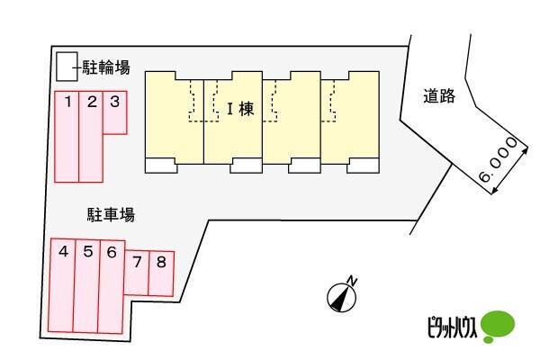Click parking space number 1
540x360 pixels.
coord(67,137)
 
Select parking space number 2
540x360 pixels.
coord(91,137)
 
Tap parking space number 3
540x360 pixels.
coord(115,112)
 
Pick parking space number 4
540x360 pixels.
coord(61,285)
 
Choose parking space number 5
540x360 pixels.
coord(87,286)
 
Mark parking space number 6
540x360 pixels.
coord(112,287)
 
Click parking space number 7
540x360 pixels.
coord(137,273)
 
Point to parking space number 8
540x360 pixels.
coord(161,274)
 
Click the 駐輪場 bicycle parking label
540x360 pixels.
coord(106,67)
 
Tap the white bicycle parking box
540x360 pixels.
coord(67,67)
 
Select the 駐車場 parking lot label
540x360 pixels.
coord(111,214)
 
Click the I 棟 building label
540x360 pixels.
coord(240,109)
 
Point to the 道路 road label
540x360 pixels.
coord(439,95)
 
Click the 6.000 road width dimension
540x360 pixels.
coord(498,159)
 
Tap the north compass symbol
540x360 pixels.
coord(341,298)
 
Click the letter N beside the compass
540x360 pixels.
coord(352,281)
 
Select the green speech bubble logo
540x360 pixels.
coord(498,326)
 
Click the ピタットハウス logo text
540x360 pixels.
coord(452,328)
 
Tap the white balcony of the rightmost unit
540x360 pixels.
coord(363,166)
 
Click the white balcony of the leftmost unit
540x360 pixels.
coord(161,166)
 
